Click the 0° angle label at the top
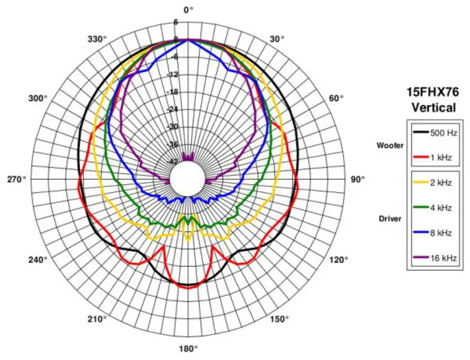(x=188, y=10)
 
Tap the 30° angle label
(x=277, y=40)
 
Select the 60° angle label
(x=336, y=98)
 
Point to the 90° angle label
(x=358, y=179)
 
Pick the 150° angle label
(x=279, y=319)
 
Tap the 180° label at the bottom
(x=188, y=349)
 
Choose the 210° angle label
(x=97, y=319)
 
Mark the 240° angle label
(x=38, y=259)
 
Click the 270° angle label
(x=17, y=179)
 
